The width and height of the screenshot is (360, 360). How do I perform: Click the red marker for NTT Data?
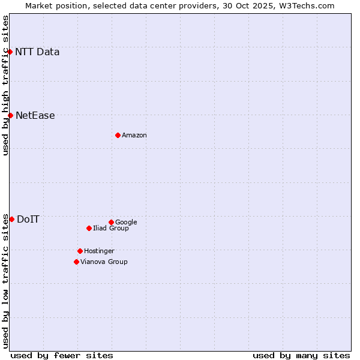click(x=10, y=52)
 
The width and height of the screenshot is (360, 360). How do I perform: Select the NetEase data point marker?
click(x=10, y=115)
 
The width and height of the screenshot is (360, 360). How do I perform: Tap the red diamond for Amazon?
click(x=118, y=135)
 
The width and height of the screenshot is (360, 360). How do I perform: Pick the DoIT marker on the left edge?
click(x=11, y=219)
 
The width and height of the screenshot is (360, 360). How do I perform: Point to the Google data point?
click(x=111, y=222)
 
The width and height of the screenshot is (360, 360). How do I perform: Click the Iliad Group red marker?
click(x=89, y=228)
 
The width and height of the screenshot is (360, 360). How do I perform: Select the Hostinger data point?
click(x=80, y=251)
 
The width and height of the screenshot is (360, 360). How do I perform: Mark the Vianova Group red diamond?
click(x=76, y=262)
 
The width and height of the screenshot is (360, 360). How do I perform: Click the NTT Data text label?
click(x=37, y=52)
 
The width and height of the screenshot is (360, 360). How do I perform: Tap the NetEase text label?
click(x=35, y=116)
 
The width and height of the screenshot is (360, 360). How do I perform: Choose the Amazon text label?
click(x=134, y=136)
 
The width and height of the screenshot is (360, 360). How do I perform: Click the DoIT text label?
click(x=28, y=220)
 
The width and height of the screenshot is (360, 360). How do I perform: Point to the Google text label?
click(x=126, y=223)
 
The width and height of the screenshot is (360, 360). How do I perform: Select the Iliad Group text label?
click(x=111, y=229)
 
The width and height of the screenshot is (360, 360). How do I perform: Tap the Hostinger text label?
click(x=99, y=251)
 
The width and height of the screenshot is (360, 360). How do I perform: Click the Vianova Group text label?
click(x=104, y=262)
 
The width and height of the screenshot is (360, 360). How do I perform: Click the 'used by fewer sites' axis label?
click(x=62, y=355)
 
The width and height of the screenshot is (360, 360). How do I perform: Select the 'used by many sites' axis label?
click(x=301, y=355)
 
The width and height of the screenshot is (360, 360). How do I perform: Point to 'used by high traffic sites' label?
click(x=6, y=85)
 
